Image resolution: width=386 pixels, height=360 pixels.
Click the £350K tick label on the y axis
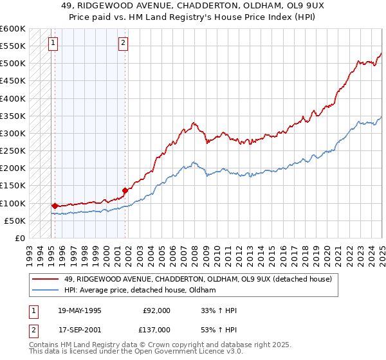coord(13,116)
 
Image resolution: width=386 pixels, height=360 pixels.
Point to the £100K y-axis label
coord(13,203)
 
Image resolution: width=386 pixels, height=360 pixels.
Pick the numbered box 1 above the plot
coord(52,44)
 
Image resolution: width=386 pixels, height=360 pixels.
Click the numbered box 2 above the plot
coord(122,44)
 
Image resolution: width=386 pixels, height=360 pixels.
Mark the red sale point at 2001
coord(125,190)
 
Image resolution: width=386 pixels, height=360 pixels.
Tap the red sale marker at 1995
coord(55,206)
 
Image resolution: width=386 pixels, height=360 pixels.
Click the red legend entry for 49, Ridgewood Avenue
coord(197,279)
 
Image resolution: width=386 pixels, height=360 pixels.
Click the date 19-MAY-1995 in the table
coord(80,310)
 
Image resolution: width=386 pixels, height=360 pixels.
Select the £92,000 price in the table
coord(156,310)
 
